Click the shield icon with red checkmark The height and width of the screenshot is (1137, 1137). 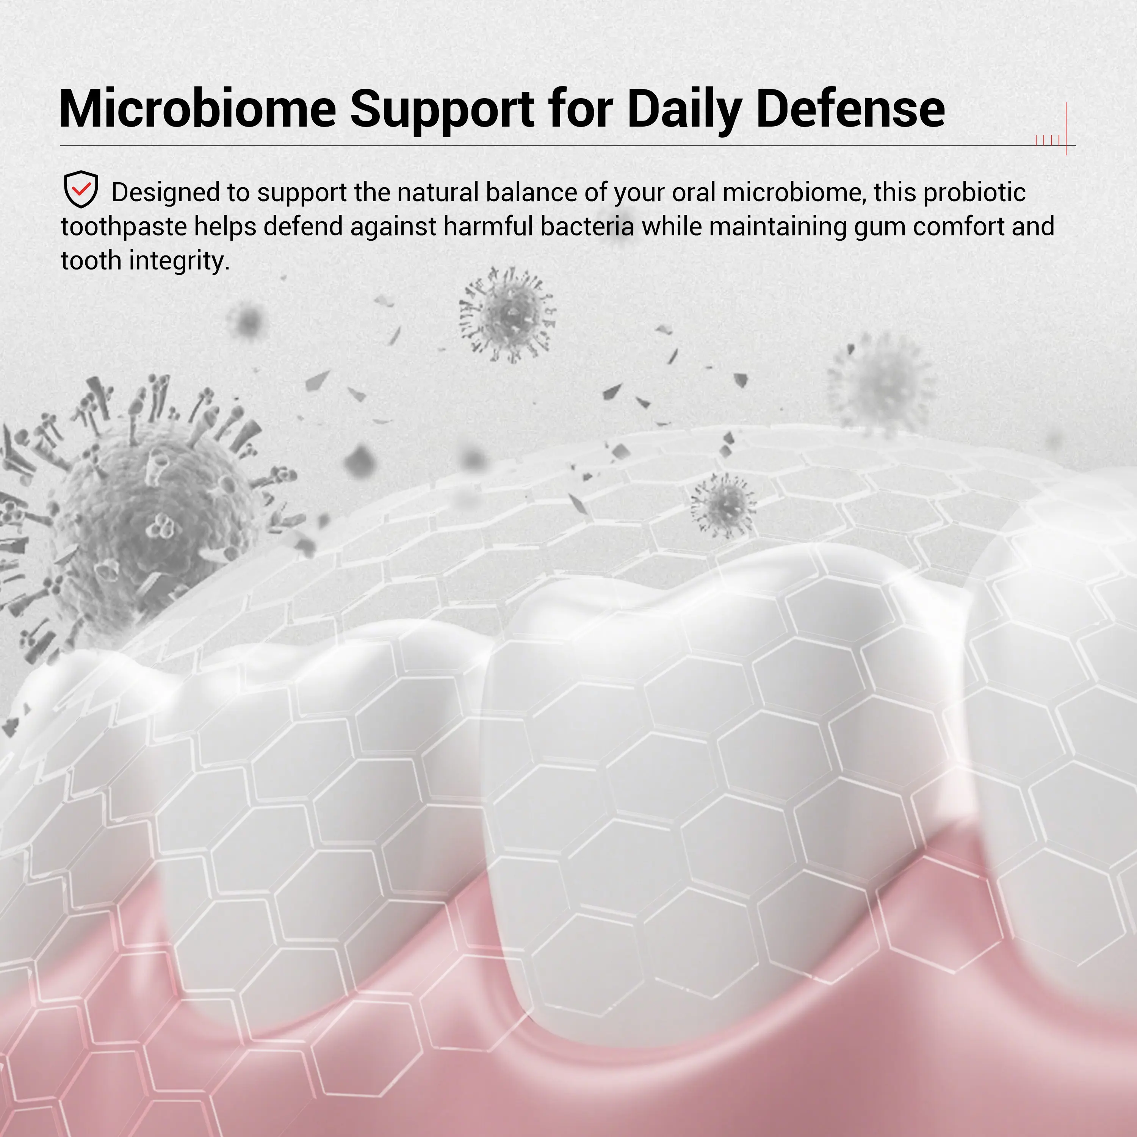point(81,189)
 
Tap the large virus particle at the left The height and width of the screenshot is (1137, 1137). point(147,518)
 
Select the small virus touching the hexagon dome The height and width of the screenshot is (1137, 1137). point(723,505)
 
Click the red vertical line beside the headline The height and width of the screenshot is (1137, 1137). point(1066,129)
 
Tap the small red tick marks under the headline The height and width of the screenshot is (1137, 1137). point(1048,140)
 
